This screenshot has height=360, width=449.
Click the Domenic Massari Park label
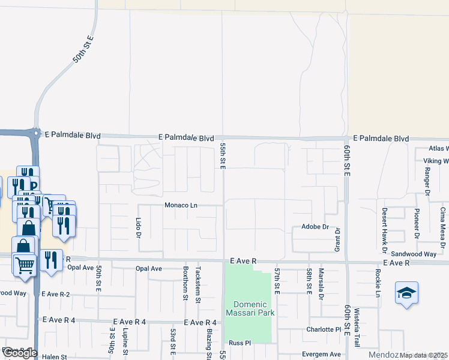coord(249,308)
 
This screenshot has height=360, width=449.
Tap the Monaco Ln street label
coord(181,205)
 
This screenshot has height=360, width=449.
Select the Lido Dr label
coord(137,227)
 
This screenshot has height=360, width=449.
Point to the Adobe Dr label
coord(315,227)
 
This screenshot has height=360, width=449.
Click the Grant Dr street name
coord(337,239)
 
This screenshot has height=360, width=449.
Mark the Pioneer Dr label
coord(416,223)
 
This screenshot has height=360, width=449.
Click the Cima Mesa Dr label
coord(442,227)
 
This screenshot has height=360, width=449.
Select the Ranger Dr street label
coord(427,181)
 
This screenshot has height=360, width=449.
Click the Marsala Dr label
coord(321,284)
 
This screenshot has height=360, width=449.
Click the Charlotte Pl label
coord(322,329)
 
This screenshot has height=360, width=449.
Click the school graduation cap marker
coord(406,293)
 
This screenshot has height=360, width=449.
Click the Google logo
coord(20,353)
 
